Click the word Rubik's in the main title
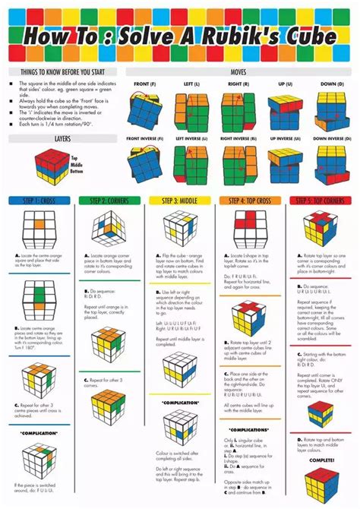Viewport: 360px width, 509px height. [x=251, y=36]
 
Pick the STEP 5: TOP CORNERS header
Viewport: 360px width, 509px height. [x=320, y=201]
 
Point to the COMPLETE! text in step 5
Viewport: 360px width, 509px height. [x=320, y=460]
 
